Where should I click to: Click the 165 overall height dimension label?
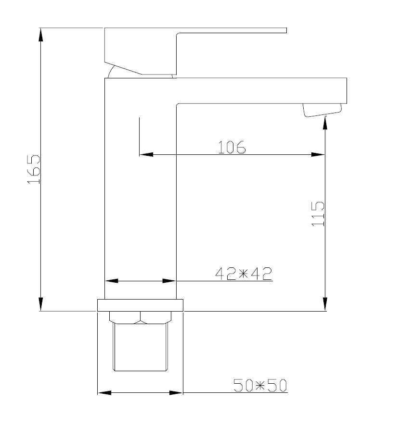pos(34,169)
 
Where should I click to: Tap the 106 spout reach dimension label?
pos(232,147)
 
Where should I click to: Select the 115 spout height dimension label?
pos(318,214)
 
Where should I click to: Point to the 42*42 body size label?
pos(244,274)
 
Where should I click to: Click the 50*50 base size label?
pos(260,385)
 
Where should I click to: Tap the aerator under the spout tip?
pos(322,110)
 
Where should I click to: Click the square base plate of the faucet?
pos(140,305)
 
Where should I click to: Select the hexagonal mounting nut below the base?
pos(141,317)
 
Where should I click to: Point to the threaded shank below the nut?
pos(141,347)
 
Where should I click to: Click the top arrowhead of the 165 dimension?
pos(41,35)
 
